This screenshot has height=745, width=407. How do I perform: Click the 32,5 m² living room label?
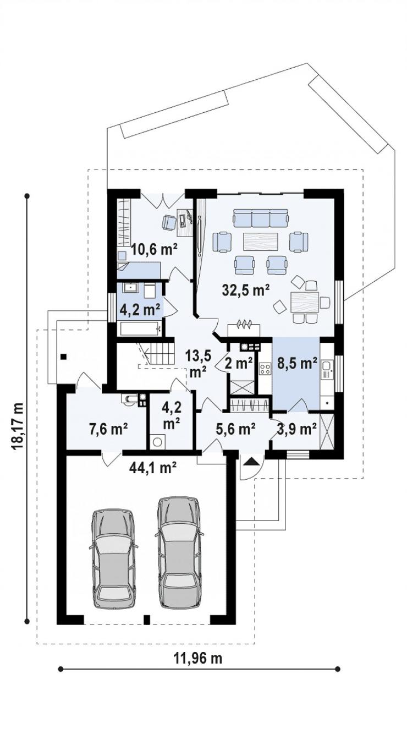(x=245, y=291)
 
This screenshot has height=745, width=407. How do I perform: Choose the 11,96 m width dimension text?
(x=197, y=658)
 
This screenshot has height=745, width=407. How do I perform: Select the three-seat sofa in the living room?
(x=260, y=218)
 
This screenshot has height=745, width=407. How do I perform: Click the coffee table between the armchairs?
(x=261, y=241)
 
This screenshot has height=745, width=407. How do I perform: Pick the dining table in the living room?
(x=304, y=302)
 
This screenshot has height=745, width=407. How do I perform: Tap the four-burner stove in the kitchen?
(x=265, y=369)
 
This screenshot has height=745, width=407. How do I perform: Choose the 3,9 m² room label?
(x=297, y=429)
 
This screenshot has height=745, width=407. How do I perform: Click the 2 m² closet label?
(x=238, y=363)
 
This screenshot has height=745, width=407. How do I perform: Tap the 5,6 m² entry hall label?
(x=235, y=429)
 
